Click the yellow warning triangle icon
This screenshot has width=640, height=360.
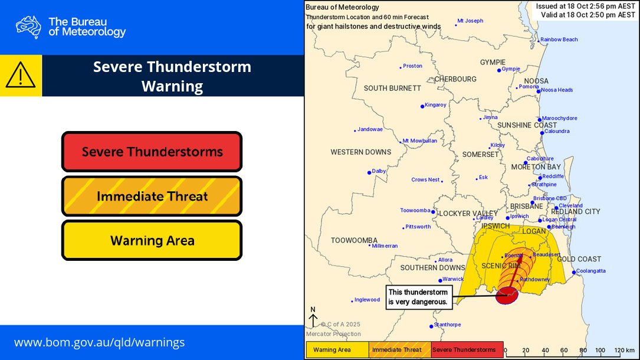click(21, 76)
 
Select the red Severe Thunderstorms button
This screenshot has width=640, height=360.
click(152, 152)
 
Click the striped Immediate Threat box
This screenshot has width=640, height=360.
click(152, 196)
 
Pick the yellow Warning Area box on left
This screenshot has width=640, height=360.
click(152, 240)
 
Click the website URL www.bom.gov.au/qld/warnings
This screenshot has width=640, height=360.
click(99, 342)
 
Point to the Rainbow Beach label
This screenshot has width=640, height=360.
click(559, 40)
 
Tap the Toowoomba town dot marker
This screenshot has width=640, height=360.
click(433, 212)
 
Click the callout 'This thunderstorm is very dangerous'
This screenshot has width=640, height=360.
click(419, 297)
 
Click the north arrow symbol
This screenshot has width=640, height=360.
click(313, 317)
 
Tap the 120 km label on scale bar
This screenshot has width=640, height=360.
click(623, 350)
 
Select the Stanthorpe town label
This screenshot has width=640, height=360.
click(447, 324)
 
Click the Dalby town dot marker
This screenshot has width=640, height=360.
click(370, 172)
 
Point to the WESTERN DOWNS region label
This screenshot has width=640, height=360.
click(360, 152)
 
